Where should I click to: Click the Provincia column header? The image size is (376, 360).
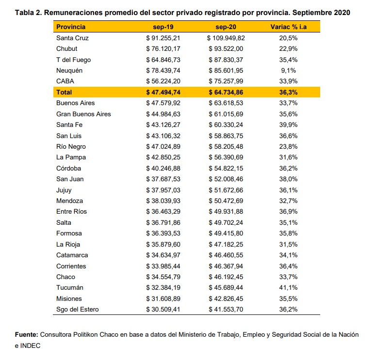71,27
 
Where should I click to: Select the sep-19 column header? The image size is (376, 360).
163,27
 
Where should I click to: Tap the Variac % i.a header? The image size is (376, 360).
289,27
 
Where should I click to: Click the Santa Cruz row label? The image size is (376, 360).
72,38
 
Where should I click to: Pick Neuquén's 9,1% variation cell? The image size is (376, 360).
289,71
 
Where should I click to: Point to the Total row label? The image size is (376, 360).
64,92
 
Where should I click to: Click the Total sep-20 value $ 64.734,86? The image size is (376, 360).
226,92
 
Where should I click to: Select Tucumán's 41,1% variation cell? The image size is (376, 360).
289,288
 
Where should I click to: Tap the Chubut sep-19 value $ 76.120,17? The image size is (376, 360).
163,49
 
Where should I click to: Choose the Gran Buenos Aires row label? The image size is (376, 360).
83,114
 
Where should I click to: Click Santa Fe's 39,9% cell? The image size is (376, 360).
289,125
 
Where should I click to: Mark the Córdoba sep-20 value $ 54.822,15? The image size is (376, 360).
226,169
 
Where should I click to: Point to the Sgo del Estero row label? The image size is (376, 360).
78,310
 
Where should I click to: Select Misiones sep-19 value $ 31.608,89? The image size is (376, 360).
163,298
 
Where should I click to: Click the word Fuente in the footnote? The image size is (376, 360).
26,335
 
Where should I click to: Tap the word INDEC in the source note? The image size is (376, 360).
30,345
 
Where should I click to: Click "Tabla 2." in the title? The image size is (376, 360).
29,13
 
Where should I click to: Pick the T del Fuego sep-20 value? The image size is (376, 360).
226,60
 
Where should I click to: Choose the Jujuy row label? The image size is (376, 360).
64,190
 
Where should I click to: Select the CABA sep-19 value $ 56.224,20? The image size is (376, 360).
163,81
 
